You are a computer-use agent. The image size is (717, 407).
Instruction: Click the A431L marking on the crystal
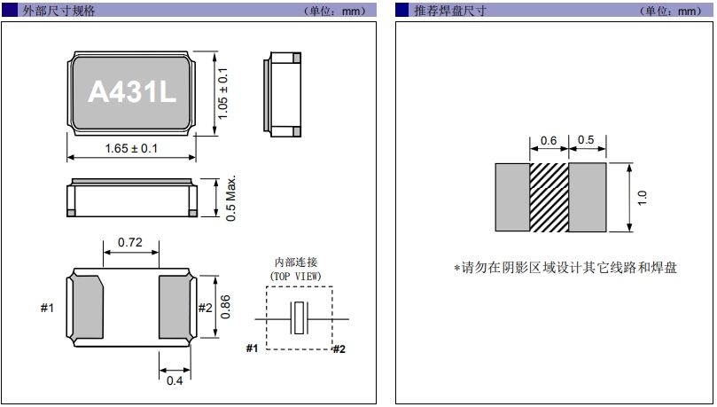pos(131,92)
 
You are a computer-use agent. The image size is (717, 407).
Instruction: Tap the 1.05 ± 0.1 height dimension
pos(224,92)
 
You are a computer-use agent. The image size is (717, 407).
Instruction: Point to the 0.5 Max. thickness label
pos(230,198)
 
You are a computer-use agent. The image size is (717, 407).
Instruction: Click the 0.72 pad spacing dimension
pos(130,242)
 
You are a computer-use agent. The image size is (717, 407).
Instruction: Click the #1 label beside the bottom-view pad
pos(48,308)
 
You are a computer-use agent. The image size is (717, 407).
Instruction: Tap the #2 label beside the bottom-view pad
pos(205,308)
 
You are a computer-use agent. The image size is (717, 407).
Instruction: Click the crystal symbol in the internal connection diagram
pos(301,318)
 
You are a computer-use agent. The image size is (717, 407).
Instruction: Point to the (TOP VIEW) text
pos(296,277)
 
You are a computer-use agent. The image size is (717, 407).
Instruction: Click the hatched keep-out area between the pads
pos(549,197)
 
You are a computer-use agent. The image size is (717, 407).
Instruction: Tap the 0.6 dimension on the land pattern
pos(549,140)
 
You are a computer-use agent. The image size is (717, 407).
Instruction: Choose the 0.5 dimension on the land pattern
pos(586,140)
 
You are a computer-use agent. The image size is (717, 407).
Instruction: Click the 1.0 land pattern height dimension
pos(643,197)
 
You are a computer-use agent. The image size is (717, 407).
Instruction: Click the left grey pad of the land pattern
pos(511,197)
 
